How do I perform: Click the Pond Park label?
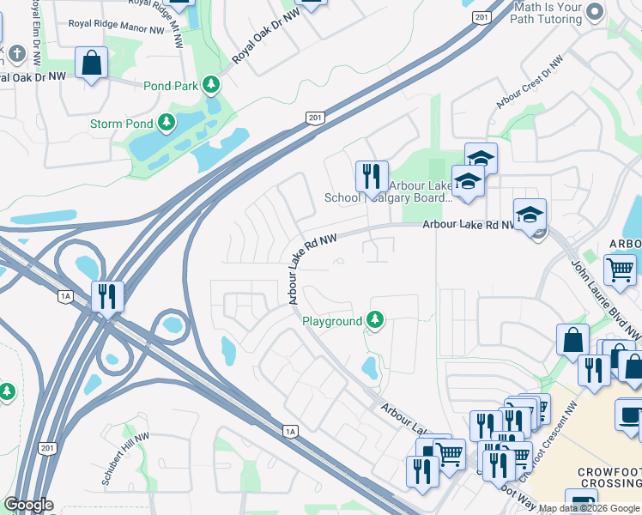tap(171, 86)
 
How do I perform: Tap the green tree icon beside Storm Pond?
tap(167, 124)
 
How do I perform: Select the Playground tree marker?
tap(373, 321)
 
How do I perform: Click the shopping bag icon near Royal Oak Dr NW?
tap(91, 63)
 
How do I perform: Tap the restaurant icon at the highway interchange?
tap(107, 295)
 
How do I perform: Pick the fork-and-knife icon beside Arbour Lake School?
tap(372, 176)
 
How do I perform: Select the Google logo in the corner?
tap(28, 505)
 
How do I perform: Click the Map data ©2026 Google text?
tap(589, 508)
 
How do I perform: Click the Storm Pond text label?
tap(120, 124)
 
